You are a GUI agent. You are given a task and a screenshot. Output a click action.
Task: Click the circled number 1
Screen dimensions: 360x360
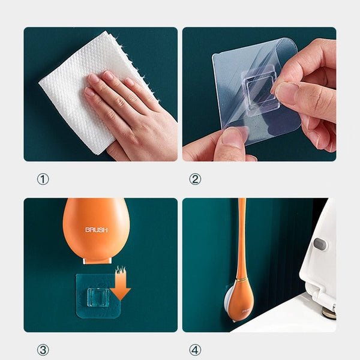43,179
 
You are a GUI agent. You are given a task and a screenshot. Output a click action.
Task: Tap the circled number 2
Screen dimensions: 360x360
195,179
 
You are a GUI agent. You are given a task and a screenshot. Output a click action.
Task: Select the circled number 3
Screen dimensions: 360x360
43,350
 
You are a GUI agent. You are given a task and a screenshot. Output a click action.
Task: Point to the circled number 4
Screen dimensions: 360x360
195,350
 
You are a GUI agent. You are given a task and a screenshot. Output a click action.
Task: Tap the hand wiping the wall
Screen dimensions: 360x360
129,111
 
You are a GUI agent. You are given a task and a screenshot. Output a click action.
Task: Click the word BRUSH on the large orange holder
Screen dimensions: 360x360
96,230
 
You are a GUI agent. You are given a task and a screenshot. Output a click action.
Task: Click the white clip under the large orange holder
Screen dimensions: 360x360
97,259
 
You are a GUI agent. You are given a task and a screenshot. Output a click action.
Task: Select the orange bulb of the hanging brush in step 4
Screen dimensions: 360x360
240,300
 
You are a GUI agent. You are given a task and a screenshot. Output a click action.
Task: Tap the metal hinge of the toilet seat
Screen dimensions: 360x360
329,312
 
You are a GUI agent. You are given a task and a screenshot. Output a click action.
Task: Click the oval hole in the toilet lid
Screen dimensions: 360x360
320,244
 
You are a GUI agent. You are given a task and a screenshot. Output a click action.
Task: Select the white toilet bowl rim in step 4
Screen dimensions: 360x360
288,318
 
